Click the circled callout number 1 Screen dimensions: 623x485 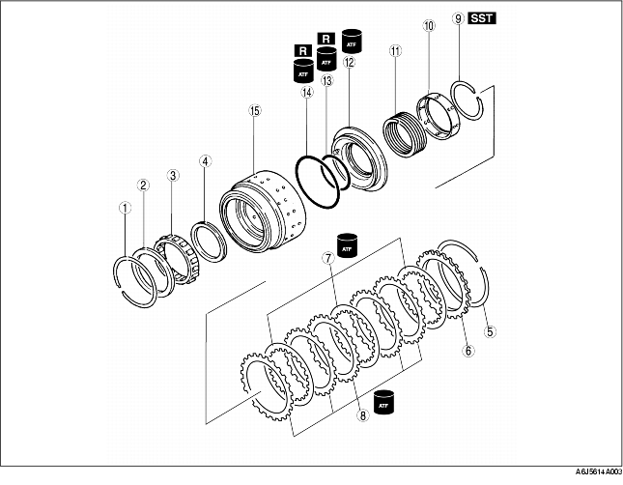pyautogui.click(x=126, y=208)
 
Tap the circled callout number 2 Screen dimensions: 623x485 pyautogui.click(x=143, y=185)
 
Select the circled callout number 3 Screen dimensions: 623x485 pyautogui.click(x=173, y=175)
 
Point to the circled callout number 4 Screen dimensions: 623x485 pyautogui.click(x=205, y=161)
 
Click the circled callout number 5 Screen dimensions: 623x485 pyautogui.click(x=491, y=331)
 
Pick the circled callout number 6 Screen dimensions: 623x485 pyautogui.click(x=468, y=351)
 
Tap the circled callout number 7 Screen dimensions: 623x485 pyautogui.click(x=328, y=258)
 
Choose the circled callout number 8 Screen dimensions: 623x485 pyautogui.click(x=363, y=415)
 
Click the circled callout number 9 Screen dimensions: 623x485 pyautogui.click(x=459, y=18)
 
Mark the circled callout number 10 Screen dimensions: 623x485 pyautogui.click(x=429, y=26)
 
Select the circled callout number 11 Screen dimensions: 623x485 pyautogui.click(x=395, y=51)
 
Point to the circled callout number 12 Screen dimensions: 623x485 pyautogui.click(x=350, y=63)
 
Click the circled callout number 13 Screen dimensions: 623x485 pyautogui.click(x=327, y=81)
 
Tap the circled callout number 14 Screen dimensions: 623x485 pyautogui.click(x=307, y=93)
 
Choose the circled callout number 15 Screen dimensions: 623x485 pyautogui.click(x=255, y=110)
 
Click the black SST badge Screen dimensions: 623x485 pyautogui.click(x=482, y=18)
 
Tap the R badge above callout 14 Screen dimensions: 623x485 pyautogui.click(x=303, y=51)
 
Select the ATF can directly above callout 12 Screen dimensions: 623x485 pyautogui.click(x=352, y=41)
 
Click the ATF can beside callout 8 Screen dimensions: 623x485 pyautogui.click(x=383, y=402)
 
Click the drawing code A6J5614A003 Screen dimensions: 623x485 pyautogui.click(x=599, y=471)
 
